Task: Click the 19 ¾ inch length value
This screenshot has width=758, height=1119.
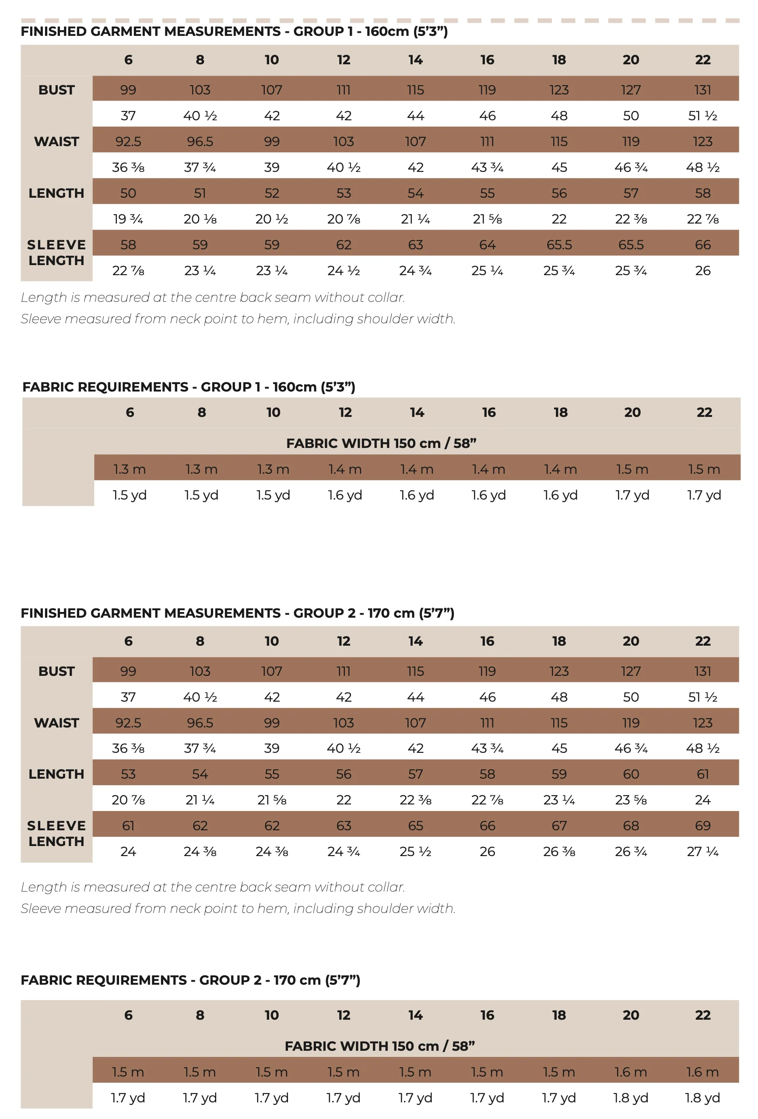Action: pyautogui.click(x=128, y=219)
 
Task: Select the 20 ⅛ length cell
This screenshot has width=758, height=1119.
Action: pyautogui.click(x=200, y=219)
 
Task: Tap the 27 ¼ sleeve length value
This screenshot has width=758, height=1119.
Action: pyautogui.click(x=702, y=851)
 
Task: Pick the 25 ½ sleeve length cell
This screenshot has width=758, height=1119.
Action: pyautogui.click(x=415, y=851)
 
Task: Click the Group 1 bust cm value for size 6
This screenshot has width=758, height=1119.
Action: pyautogui.click(x=128, y=90)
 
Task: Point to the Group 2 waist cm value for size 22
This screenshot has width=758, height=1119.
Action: pyautogui.click(x=702, y=723)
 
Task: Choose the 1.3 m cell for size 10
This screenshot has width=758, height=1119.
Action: pyautogui.click(x=273, y=469)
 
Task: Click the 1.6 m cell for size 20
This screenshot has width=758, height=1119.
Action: pyautogui.click(x=630, y=1072)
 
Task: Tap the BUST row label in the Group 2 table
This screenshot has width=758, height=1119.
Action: pyautogui.click(x=56, y=671)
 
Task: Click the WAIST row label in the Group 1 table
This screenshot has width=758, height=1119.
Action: pyautogui.click(x=56, y=142)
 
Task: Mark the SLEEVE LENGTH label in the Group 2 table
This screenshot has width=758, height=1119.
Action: pyautogui.click(x=56, y=833)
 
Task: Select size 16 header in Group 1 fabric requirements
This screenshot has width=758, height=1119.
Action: pyautogui.click(x=489, y=412)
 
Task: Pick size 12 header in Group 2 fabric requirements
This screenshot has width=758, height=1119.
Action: pyautogui.click(x=344, y=1015)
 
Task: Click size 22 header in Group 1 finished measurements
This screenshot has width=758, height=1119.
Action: pyautogui.click(x=702, y=59)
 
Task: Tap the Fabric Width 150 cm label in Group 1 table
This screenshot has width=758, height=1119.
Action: pyautogui.click(x=381, y=443)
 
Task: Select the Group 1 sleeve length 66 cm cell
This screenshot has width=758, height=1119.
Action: pyautogui.click(x=702, y=245)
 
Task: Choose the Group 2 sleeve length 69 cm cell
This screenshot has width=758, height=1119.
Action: pyautogui.click(x=702, y=826)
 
